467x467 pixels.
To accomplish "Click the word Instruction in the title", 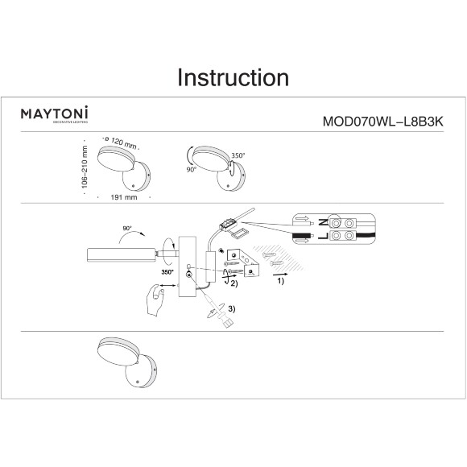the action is point(233,77).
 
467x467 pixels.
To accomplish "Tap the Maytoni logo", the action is point(55,114).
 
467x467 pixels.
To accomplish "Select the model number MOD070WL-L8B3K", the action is point(383,122).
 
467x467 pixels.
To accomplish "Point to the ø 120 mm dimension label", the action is point(121,143).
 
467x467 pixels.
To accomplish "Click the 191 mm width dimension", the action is point(124,197).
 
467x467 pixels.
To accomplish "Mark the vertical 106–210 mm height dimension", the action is point(85,167).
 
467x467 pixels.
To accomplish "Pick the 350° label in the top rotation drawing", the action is point(238,155).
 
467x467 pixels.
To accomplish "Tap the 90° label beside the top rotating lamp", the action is point(192,169).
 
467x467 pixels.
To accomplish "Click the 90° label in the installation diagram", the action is point(127,229).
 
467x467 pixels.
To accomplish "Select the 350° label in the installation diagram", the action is point(167,272).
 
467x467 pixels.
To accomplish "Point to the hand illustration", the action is point(155,300).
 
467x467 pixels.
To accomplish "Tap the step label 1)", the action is point(281,281).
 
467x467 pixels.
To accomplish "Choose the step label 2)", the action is point(234,283).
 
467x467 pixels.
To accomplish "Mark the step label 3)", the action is point(232,309).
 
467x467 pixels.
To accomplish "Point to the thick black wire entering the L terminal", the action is point(302,236).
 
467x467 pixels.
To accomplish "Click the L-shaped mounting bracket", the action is point(243,262).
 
